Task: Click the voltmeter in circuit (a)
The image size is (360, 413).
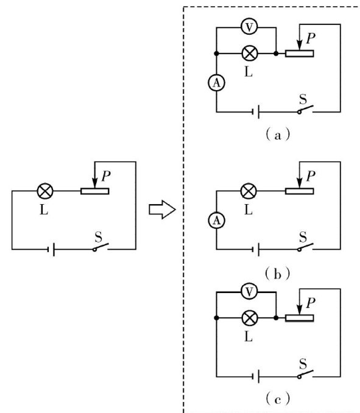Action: (x=249, y=26)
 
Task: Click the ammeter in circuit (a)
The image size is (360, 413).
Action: (x=216, y=83)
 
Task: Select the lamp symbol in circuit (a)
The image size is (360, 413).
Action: (x=249, y=54)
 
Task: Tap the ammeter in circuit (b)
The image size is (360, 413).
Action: (x=216, y=221)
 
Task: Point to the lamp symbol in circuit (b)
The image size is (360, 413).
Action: (x=249, y=191)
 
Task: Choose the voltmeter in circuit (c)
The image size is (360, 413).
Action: (x=249, y=291)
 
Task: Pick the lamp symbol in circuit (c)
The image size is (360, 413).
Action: (x=249, y=318)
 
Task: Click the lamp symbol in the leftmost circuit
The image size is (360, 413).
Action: (x=45, y=191)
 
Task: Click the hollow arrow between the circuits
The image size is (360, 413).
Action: (x=162, y=210)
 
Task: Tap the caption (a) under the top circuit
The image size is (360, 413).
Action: (x=278, y=135)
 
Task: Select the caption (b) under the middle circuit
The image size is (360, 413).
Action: (x=278, y=274)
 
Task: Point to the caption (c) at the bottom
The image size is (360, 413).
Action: (x=278, y=399)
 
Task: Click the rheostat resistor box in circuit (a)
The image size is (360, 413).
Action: (x=300, y=54)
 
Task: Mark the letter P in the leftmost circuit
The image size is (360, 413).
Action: (x=106, y=176)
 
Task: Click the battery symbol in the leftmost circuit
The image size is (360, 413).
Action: (x=52, y=249)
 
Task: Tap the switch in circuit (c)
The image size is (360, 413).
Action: (x=305, y=374)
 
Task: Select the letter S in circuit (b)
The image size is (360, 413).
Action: (x=303, y=237)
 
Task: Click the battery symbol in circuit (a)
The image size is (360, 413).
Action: (x=256, y=112)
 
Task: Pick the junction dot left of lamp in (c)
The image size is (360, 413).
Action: (x=216, y=318)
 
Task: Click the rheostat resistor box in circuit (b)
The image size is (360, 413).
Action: (x=300, y=191)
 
